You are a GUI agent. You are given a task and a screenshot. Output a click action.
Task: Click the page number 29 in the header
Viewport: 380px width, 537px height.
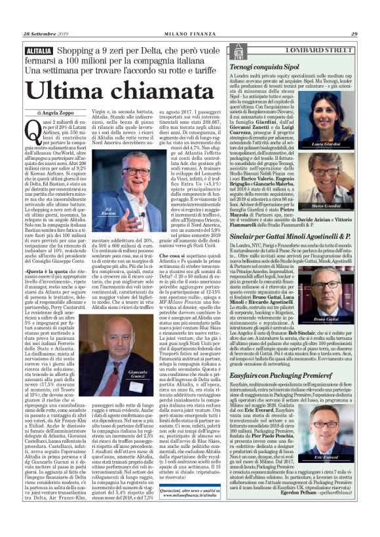pyautogui.click(x=353, y=35)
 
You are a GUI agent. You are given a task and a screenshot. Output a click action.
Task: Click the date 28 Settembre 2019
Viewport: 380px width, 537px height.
pyautogui.click(x=49, y=34)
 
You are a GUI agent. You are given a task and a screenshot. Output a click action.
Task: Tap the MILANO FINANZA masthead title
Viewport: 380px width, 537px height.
pyautogui.click(x=190, y=35)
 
